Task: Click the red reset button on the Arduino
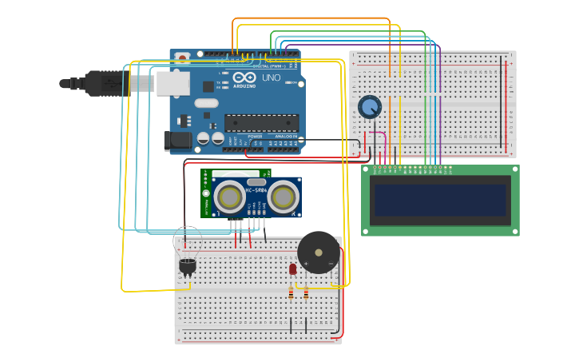tap(183, 58)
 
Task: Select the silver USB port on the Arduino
tap(173, 83)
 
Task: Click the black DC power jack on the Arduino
tap(177, 141)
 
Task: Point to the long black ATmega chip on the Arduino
tap(261, 122)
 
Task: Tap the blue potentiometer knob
tap(370, 106)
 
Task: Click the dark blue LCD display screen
tap(439, 200)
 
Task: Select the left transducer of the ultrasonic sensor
tap(229, 197)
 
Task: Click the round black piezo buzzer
tap(319, 253)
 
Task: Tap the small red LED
tap(293, 269)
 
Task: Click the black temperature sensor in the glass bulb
tap(188, 265)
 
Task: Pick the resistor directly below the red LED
tap(291, 293)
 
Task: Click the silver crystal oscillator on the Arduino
tap(205, 102)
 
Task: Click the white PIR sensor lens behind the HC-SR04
tap(236, 173)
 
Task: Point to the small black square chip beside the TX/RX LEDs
tap(208, 86)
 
